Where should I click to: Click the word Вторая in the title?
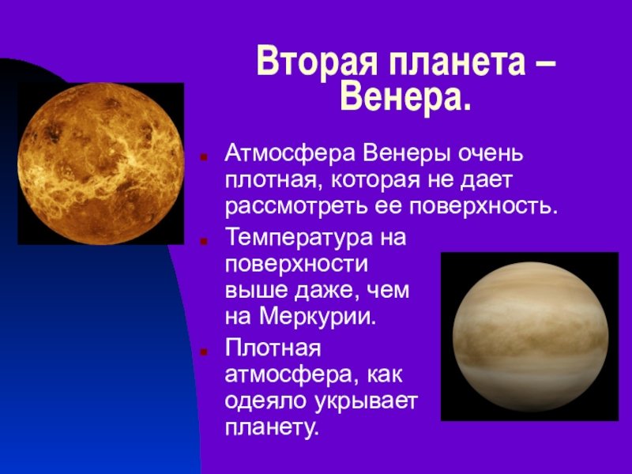coord(317,62)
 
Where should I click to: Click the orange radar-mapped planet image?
coord(101,164)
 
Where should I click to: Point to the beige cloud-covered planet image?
coord(529,337)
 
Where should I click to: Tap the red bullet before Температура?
coord(204,242)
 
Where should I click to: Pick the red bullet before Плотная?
coord(204,352)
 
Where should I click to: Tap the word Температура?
coord(299,239)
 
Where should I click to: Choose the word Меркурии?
coord(318,317)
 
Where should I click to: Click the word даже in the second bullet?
coord(322,292)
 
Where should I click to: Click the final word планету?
coord(272,428)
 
